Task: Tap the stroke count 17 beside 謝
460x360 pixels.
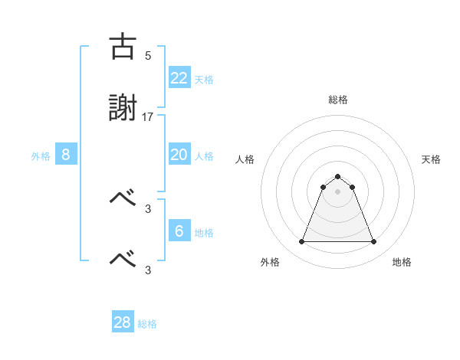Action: [148, 116]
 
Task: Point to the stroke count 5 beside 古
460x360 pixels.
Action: [148, 56]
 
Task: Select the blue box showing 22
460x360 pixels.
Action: [179, 78]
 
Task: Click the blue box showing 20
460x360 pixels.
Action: [179, 155]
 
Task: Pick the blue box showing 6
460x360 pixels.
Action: [179, 231]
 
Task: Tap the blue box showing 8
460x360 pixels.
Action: [66, 155]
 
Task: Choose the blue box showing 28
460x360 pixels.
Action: [123, 322]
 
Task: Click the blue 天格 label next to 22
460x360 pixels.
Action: [204, 80]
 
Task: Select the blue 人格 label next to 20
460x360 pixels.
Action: [204, 156]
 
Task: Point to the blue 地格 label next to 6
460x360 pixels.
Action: [204, 233]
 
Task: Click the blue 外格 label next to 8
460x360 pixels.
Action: [41, 156]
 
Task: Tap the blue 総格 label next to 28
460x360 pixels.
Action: [148, 324]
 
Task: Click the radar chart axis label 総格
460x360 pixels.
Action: [338, 100]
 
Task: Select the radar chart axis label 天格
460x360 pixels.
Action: [432, 159]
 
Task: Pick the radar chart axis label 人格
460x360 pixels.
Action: [245, 159]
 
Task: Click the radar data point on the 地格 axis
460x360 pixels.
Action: [373, 241]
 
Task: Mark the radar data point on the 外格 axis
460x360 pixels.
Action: [301, 241]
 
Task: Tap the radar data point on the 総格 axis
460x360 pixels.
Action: [338, 176]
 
